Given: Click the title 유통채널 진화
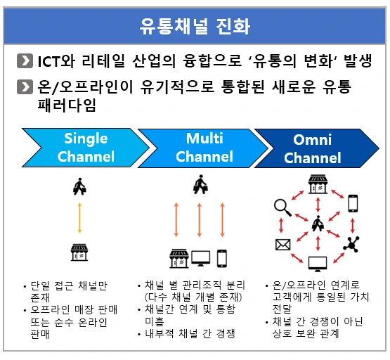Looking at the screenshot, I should coord(195,26).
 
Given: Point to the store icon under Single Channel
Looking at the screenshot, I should coord(79,251).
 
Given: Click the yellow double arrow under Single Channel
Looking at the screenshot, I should coord(79,219).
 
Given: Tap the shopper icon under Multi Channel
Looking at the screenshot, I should coord(201,187).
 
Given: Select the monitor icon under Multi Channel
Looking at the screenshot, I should coord(200,258).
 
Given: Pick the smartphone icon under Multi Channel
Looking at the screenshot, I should coord(222,258).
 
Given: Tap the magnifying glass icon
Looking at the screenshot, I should coord(283,207).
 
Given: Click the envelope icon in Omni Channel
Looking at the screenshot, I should coord(283,245).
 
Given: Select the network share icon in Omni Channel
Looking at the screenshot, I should coord(351,244).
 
